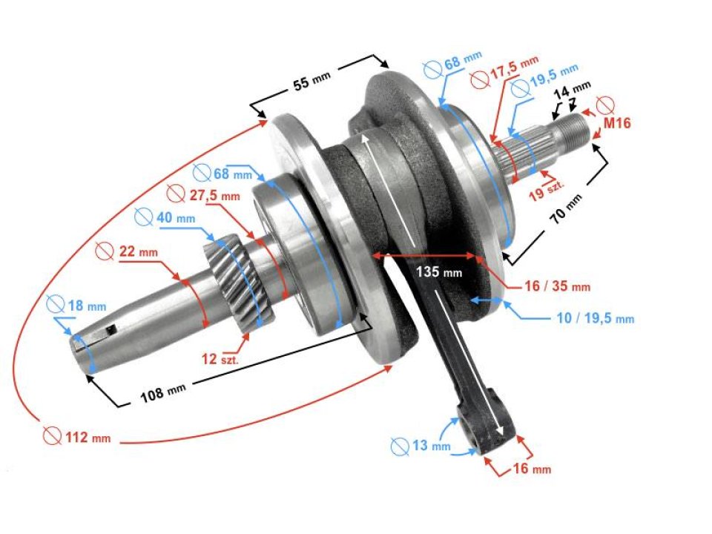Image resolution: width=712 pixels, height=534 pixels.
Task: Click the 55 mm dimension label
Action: [x=311, y=83]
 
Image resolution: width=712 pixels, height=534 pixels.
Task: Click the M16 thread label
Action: [x=616, y=123]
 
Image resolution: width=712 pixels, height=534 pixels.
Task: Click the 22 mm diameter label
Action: [x=136, y=252]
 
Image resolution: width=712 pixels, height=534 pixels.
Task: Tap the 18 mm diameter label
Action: [x=86, y=306]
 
